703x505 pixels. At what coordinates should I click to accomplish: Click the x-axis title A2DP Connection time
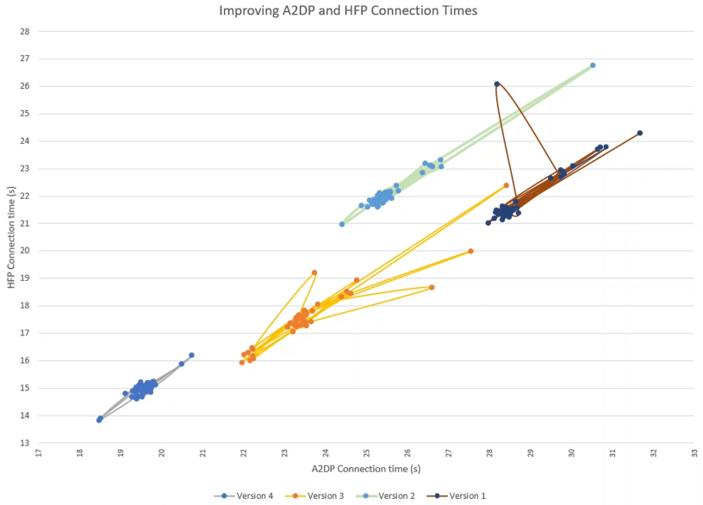pyautogui.click(x=366, y=469)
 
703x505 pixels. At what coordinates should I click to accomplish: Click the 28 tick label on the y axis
pyautogui.click(x=25, y=31)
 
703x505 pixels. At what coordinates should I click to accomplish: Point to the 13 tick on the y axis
pyautogui.click(x=25, y=443)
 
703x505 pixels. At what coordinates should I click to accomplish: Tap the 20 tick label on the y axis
pyautogui.click(x=25, y=251)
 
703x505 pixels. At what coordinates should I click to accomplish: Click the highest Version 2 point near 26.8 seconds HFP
pyautogui.click(x=593, y=65)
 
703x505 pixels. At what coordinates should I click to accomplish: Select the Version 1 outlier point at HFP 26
pyautogui.click(x=497, y=84)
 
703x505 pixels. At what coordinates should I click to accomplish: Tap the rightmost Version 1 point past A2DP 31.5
pyautogui.click(x=640, y=133)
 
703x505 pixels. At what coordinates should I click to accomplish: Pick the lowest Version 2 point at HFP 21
pyautogui.click(x=342, y=224)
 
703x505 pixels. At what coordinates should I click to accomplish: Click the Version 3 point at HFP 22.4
pyautogui.click(x=507, y=185)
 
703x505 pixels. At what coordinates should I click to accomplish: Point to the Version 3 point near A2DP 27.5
pyautogui.click(x=470, y=251)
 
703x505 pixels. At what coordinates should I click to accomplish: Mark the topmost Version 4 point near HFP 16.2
pyautogui.click(x=191, y=355)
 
